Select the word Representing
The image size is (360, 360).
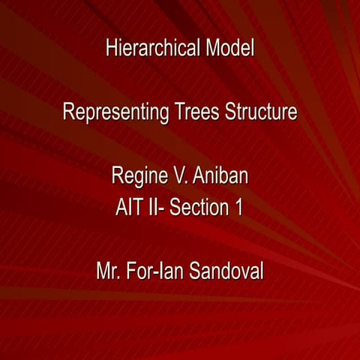tap(115, 114)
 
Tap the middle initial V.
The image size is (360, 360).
tap(178, 177)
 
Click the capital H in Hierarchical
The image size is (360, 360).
tap(112, 49)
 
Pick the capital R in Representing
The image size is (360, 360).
tap(68, 113)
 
